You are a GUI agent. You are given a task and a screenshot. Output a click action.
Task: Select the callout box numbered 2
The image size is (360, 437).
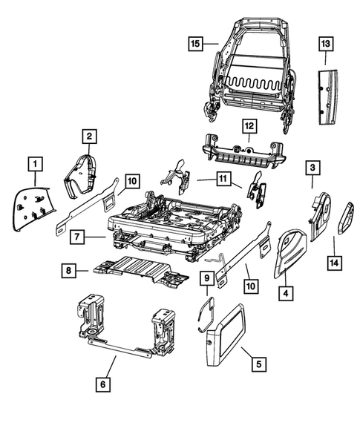tap(88, 136)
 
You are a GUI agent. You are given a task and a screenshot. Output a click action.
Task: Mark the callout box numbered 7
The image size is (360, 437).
tap(77, 237)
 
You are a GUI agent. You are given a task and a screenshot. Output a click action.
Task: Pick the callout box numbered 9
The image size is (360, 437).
tap(207, 280)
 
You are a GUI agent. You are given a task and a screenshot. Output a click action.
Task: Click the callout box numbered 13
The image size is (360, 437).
tap(327, 45)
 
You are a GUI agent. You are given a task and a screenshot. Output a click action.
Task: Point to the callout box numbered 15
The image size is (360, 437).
tap(195, 44)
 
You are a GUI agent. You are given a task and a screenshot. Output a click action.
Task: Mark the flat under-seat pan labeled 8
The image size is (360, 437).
tap(137, 269)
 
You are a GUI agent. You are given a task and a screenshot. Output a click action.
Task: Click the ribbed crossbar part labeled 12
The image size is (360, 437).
tap(245, 151)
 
